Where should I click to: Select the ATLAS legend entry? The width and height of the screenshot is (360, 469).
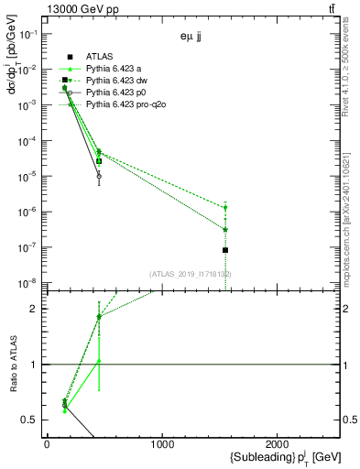click(x=98, y=57)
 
